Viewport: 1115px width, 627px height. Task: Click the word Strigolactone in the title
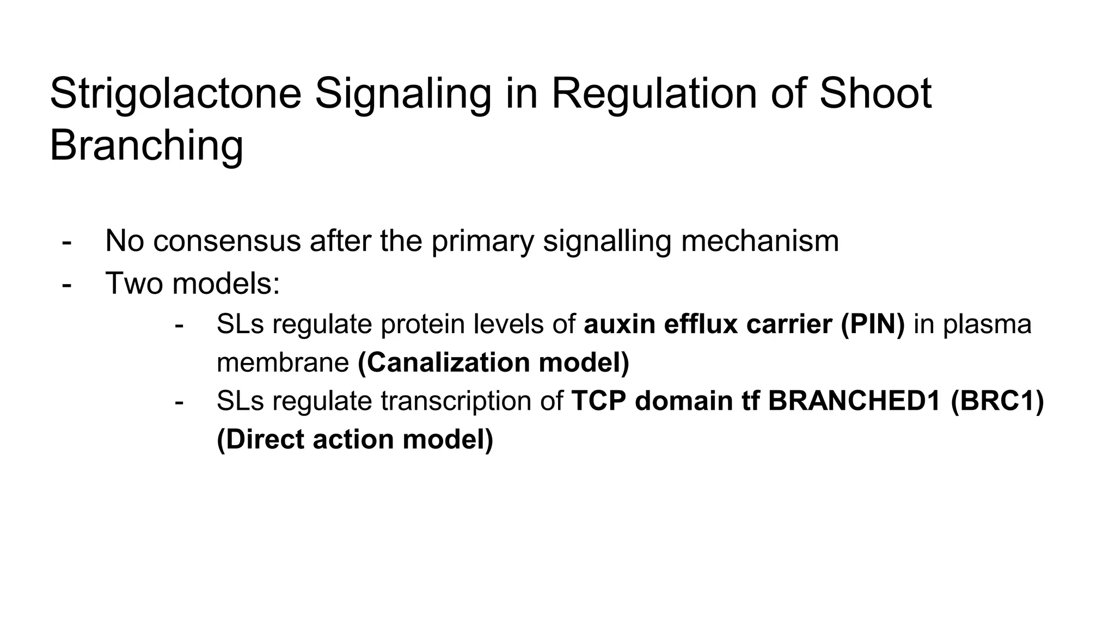(175, 94)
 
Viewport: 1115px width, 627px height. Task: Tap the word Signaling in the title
(402, 94)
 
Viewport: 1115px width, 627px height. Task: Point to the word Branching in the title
(146, 145)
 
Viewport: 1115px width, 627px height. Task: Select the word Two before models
(134, 283)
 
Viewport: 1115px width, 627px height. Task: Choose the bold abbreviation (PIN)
(873, 324)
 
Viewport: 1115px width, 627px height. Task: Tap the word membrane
(283, 362)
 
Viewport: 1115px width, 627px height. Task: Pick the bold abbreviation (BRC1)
(997, 401)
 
